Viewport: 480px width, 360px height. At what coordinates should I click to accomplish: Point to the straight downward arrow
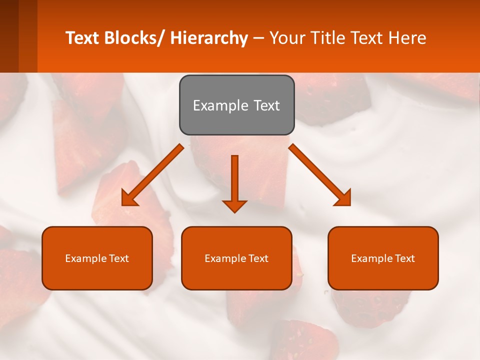pyautogui.click(x=234, y=180)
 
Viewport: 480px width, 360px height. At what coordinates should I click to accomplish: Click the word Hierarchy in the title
pyautogui.click(x=209, y=38)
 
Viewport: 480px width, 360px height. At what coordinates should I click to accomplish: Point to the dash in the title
pyautogui.click(x=258, y=38)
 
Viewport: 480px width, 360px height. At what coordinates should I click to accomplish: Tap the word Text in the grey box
pyautogui.click(x=265, y=105)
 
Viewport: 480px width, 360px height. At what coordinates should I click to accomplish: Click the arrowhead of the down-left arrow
pyautogui.click(x=129, y=198)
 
